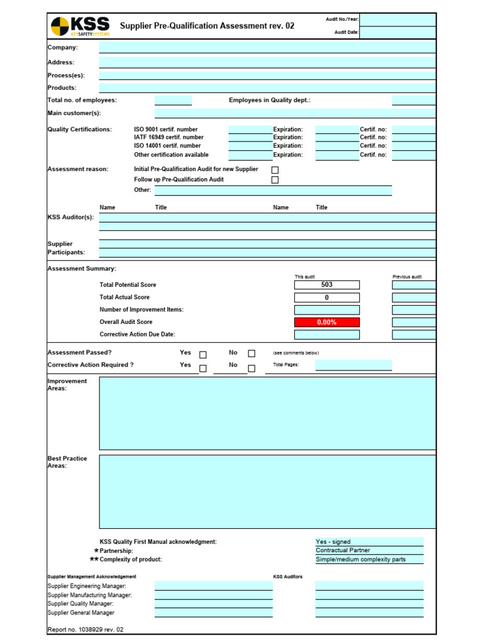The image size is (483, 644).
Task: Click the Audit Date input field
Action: pyautogui.click(x=397, y=32)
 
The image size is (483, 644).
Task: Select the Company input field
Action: pyautogui.click(x=267, y=47)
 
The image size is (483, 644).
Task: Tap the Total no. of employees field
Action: pyautogui.click(x=173, y=101)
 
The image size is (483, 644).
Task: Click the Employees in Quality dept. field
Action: pyautogui.click(x=413, y=101)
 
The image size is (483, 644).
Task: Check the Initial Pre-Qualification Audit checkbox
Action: pyautogui.click(x=275, y=170)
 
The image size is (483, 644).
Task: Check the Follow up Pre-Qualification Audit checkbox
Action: pyautogui.click(x=275, y=180)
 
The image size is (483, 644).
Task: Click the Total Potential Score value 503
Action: pyautogui.click(x=326, y=285)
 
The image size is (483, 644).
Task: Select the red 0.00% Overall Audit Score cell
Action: pyautogui.click(x=326, y=323)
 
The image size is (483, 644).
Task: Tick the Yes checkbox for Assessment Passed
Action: pyautogui.click(x=203, y=354)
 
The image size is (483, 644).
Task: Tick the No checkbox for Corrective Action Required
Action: pyautogui.click(x=252, y=369)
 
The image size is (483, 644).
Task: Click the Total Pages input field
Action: pyautogui.click(x=353, y=365)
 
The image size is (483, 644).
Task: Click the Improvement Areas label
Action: pyautogui.click(x=67, y=385)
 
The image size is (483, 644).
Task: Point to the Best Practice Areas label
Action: pyautogui.click(x=67, y=462)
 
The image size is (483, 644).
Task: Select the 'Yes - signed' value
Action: pyautogui.click(x=369, y=542)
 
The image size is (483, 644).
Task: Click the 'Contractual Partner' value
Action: pyautogui.click(x=369, y=551)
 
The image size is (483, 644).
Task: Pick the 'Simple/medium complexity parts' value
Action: pyautogui.click(x=369, y=560)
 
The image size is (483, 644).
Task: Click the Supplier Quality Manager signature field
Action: pyautogui.click(x=213, y=604)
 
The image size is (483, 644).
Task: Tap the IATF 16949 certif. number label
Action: pyautogui.click(x=169, y=137)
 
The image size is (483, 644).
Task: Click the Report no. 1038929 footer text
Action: pyautogui.click(x=86, y=630)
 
